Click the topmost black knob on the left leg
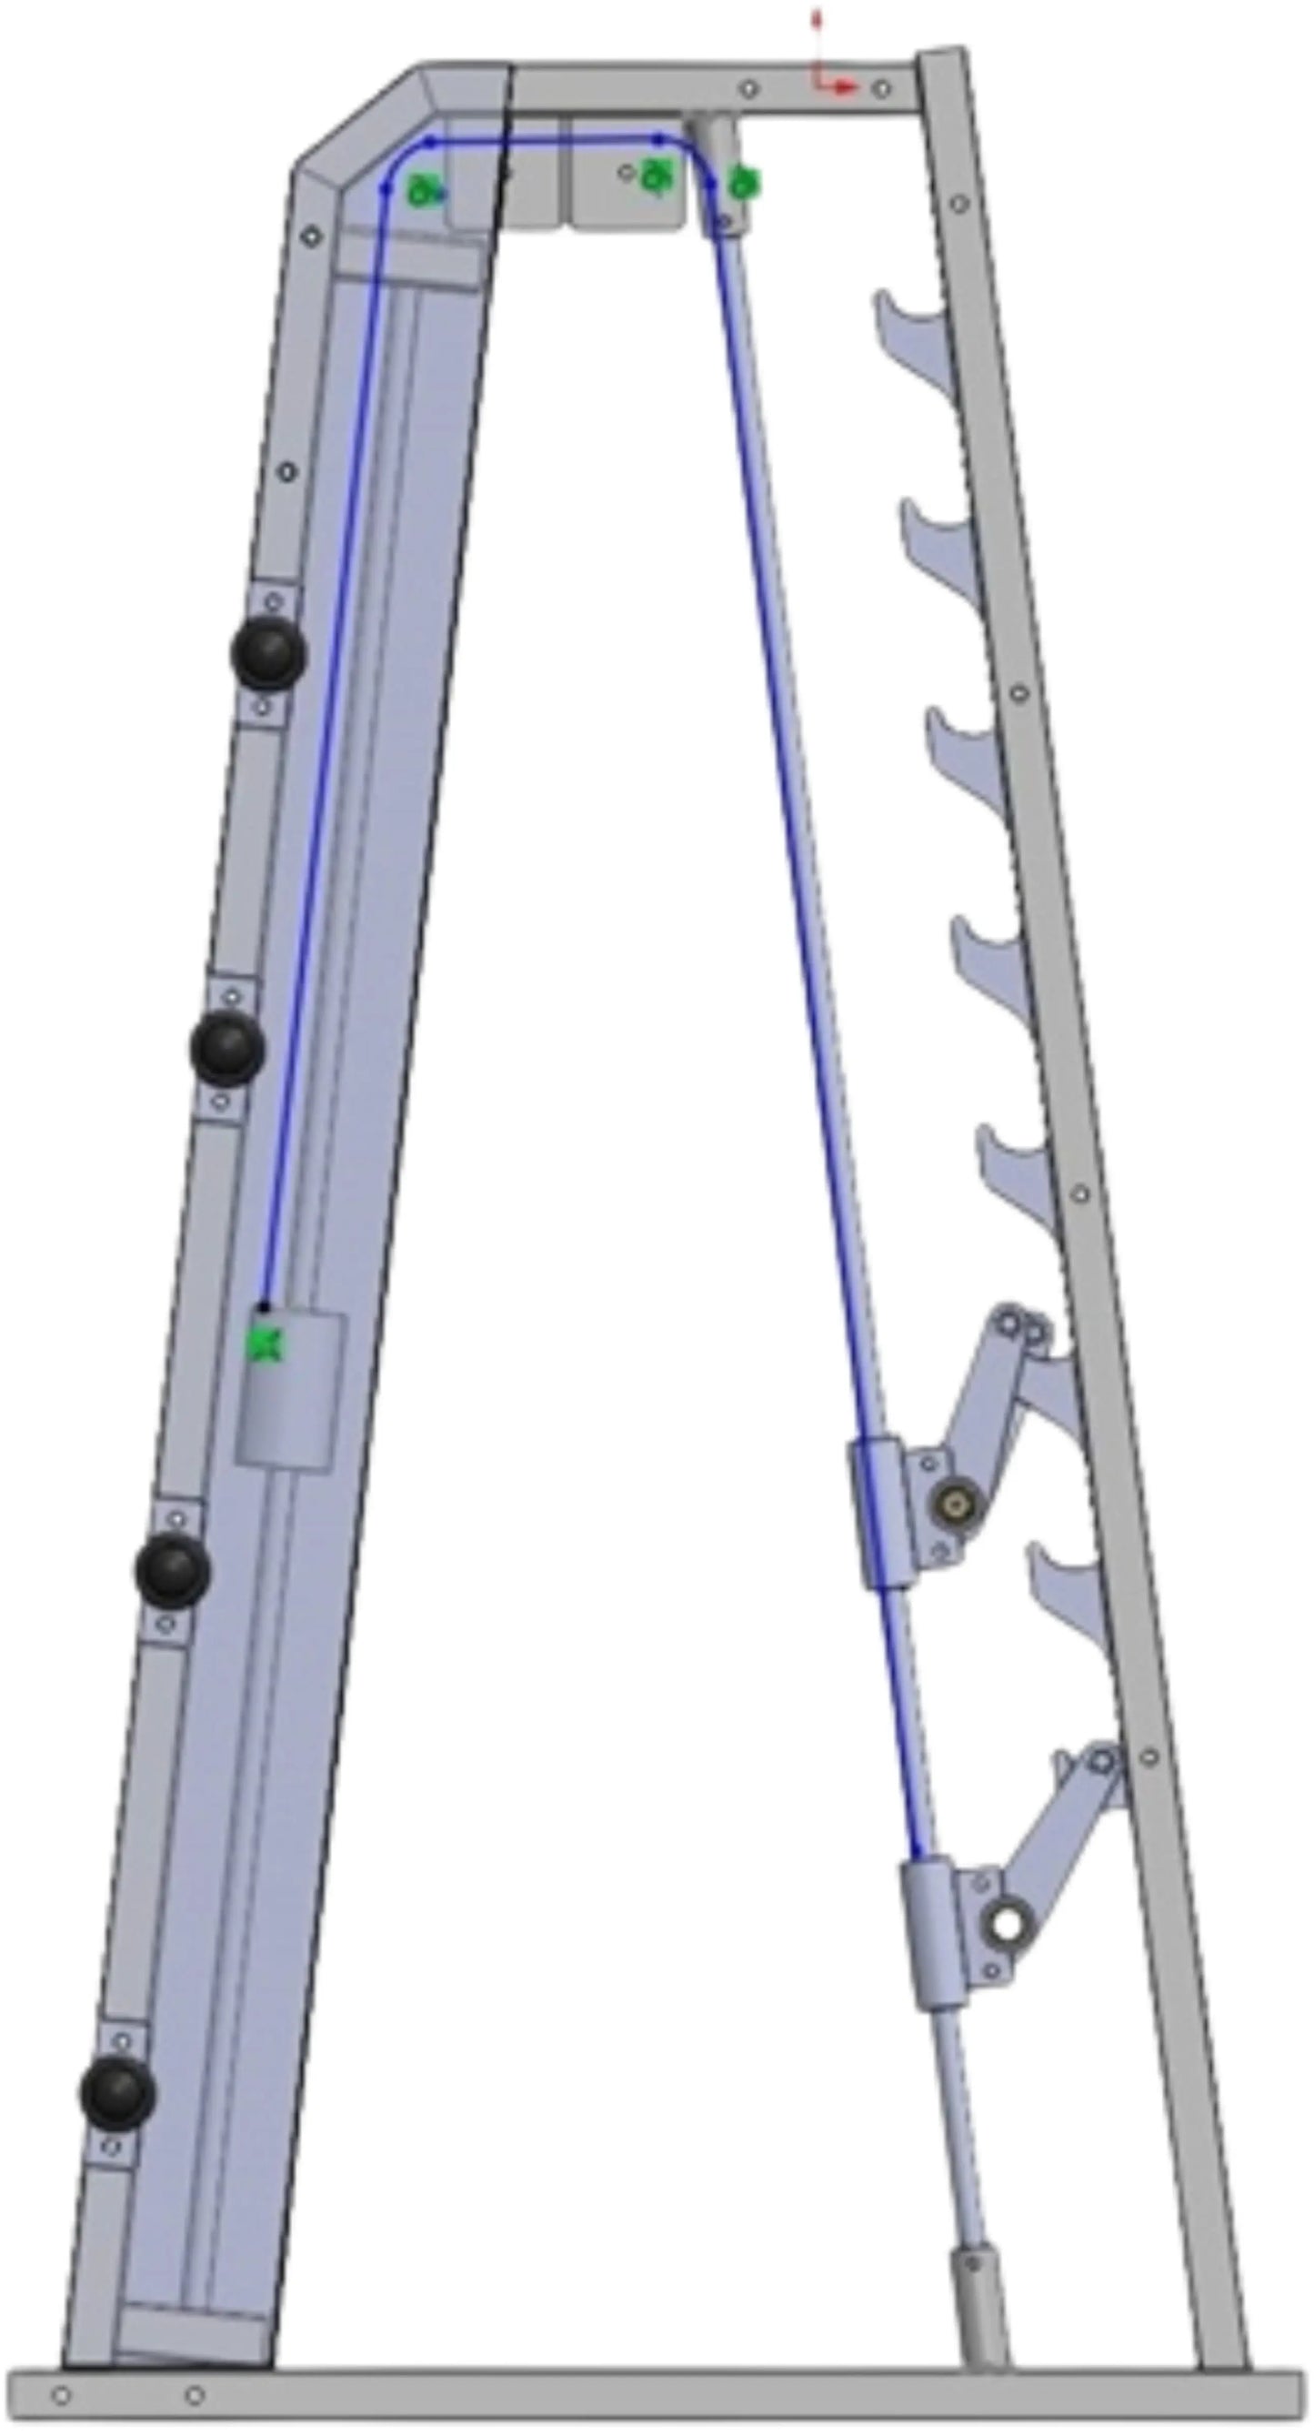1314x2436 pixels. tap(268, 653)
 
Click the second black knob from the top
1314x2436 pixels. tap(228, 1048)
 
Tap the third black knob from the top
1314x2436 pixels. tap(172, 1570)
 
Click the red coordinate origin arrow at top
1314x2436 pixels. tap(836, 86)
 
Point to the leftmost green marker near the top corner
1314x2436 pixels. tap(422, 193)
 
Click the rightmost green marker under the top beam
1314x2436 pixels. tap(746, 182)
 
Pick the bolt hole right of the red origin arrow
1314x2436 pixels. tap(881, 89)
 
